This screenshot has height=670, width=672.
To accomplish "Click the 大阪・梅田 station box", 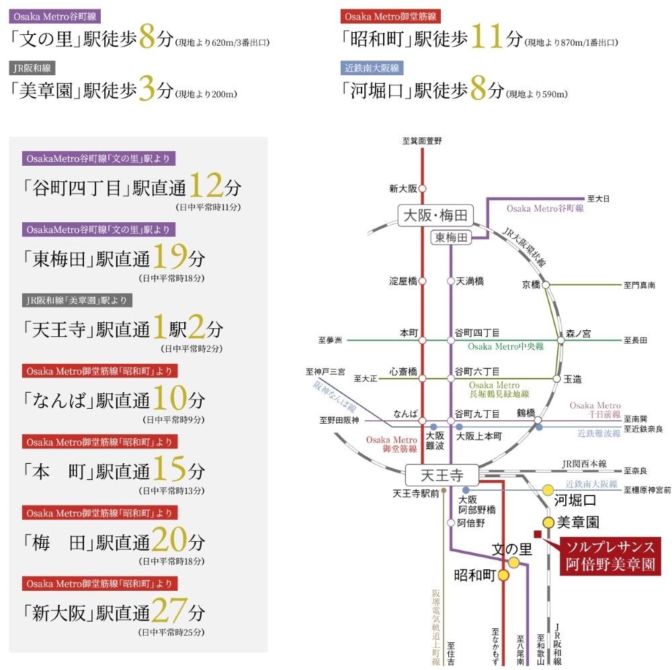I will [x=435, y=216].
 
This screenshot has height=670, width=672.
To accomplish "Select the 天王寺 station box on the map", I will [x=442, y=476].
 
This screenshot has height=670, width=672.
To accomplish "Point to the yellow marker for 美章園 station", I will [x=548, y=522].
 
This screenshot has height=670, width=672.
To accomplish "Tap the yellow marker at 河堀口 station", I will [x=548, y=491].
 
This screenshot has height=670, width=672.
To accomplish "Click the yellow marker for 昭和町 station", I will [x=503, y=575].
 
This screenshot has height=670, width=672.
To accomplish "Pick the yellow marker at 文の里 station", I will [x=514, y=563].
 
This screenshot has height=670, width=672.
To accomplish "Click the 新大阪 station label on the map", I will [x=403, y=189].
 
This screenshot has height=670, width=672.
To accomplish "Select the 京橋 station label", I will [x=531, y=285].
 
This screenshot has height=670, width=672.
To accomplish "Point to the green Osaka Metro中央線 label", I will [x=506, y=346].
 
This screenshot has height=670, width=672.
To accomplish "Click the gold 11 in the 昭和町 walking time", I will [x=488, y=36].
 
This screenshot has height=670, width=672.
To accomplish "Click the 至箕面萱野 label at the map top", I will [x=423, y=141].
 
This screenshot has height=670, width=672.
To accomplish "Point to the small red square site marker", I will [x=538, y=534].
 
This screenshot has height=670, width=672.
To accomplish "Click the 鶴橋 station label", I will [x=526, y=412].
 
